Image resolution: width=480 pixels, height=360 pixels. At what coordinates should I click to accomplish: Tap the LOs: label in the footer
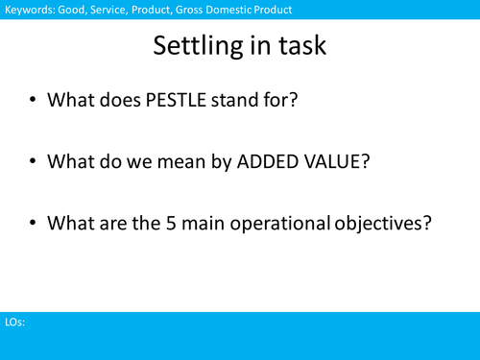pyautogui.click(x=13, y=324)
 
